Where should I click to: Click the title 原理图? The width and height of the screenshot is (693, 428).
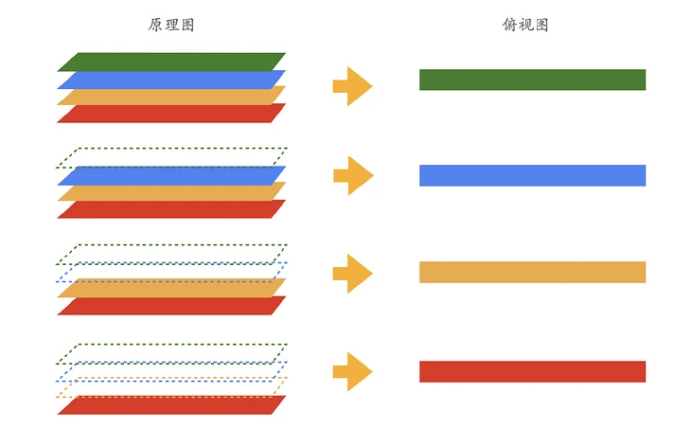[171, 25]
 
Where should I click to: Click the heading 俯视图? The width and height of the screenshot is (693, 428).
[525, 25]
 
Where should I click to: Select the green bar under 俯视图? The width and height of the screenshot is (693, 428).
[532, 80]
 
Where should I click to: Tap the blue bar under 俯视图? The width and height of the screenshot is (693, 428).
[532, 175]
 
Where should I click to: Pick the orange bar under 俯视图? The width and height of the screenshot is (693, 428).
[532, 272]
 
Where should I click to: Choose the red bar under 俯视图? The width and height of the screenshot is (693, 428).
[532, 371]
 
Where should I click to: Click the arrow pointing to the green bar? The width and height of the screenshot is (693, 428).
[353, 86]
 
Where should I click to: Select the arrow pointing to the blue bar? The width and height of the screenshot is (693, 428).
[353, 175]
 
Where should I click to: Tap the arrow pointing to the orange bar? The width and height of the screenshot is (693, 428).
[353, 274]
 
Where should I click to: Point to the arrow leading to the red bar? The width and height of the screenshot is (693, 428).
[353, 371]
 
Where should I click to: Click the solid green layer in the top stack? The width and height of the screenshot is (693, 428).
[171, 61]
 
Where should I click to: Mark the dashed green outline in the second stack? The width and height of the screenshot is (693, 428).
[171, 149]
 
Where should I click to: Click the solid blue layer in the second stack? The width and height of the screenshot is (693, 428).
[171, 175]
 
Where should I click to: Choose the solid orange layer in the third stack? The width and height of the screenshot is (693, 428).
[171, 287]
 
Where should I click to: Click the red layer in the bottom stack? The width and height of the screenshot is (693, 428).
[171, 405]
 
